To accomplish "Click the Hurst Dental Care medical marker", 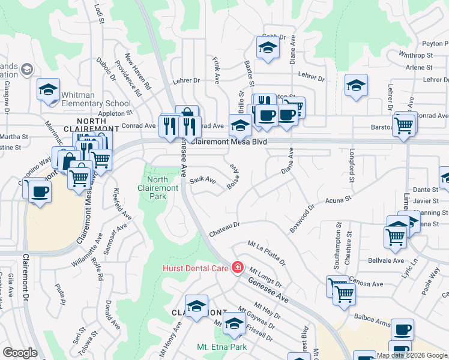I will click(x=238, y=267).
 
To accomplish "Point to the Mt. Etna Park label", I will click(x=221, y=347).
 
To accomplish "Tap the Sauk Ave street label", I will click(x=203, y=179).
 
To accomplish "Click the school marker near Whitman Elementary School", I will click(x=48, y=90).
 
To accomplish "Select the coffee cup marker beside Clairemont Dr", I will click(x=40, y=191).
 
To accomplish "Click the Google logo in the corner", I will click(x=19, y=353).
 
